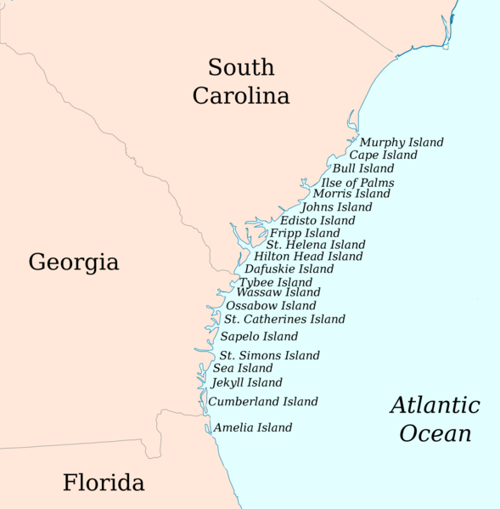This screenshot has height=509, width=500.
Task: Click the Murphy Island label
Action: [x=402, y=142]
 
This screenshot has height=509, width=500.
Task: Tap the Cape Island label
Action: [x=383, y=156]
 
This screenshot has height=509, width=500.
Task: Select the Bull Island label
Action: [x=363, y=169]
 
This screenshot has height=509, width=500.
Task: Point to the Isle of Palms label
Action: [x=357, y=183]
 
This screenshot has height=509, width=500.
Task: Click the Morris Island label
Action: [x=351, y=194]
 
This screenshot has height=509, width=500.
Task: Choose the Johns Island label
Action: [x=336, y=206]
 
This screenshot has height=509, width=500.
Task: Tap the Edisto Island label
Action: [x=317, y=221]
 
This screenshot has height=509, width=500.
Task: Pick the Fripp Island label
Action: [x=305, y=233]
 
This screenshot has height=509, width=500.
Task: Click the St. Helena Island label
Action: [x=316, y=245]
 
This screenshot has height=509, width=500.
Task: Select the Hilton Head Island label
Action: [x=308, y=256]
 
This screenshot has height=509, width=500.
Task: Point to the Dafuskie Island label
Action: [x=289, y=269]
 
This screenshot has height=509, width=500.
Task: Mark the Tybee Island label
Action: [x=276, y=282]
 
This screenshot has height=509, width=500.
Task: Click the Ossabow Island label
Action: [x=271, y=306]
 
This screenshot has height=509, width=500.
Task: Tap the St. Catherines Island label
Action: [x=284, y=320]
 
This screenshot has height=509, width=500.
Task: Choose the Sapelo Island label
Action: [x=259, y=337]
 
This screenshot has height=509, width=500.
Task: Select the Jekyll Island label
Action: [x=246, y=383]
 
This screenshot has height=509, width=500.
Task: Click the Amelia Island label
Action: [x=253, y=428]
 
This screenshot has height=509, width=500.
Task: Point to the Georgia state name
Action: [x=74, y=262]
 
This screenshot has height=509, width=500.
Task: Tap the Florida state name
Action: [x=104, y=484]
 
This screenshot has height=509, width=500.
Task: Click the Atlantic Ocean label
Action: [x=435, y=419]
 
